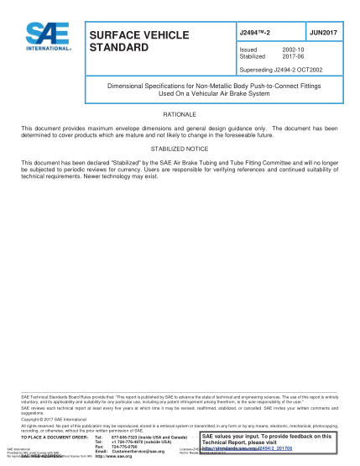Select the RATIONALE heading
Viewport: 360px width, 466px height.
point(180,112)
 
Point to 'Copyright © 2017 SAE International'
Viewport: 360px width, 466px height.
point(50,417)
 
